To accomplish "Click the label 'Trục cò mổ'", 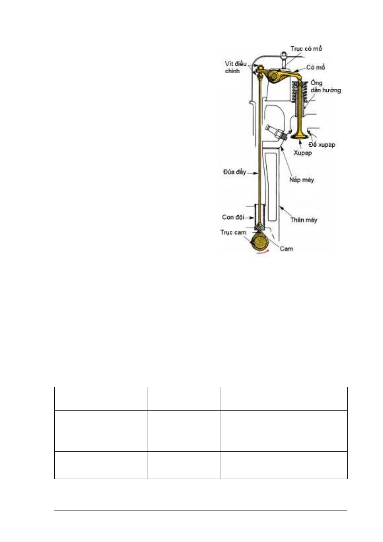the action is [x=306, y=49].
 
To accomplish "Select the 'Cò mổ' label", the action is [x=315, y=68].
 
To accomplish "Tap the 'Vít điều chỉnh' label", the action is [x=236, y=68].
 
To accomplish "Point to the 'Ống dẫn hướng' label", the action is [x=325, y=87].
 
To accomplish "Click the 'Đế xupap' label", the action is [x=322, y=145].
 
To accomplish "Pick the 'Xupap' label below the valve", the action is [x=303, y=153].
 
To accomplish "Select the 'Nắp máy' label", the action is [x=301, y=180].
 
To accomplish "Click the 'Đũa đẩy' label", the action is [x=234, y=172].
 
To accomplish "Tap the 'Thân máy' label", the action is [x=304, y=220].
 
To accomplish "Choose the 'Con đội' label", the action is [x=233, y=217].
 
